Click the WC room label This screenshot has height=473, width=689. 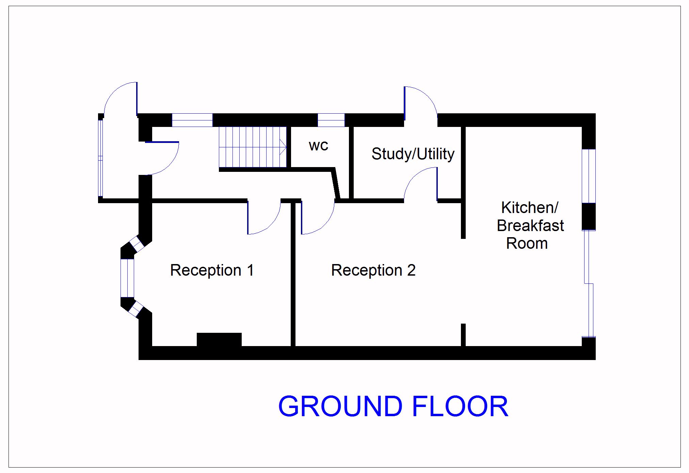coord(318,146)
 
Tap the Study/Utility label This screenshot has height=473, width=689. coord(413,154)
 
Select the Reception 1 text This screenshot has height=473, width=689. coord(212,270)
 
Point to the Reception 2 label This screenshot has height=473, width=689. coord(373,270)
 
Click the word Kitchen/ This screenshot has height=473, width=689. coord(529,208)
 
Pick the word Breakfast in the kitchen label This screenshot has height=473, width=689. coord(530,226)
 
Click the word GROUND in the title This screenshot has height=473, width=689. coord(340,406)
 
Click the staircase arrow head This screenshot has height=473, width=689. coord(283,147)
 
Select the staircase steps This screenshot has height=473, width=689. coord(252,147)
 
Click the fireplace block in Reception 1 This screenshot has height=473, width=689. coord(219,340)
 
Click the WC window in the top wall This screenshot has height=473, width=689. coord(331,120)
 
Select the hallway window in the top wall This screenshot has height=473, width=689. coord(192,120)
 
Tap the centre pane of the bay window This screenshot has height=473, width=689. coord(127,278)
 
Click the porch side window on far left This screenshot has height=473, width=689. coord(100,158)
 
